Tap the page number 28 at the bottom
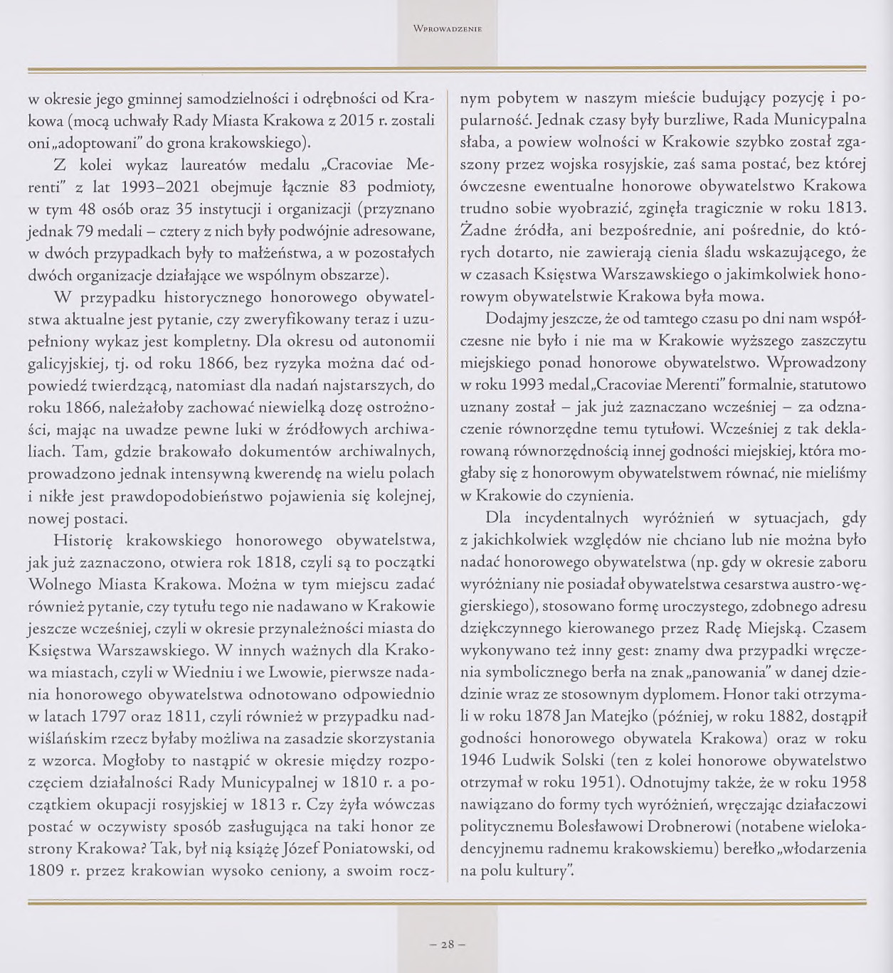(447, 945)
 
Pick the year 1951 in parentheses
(593, 782)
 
